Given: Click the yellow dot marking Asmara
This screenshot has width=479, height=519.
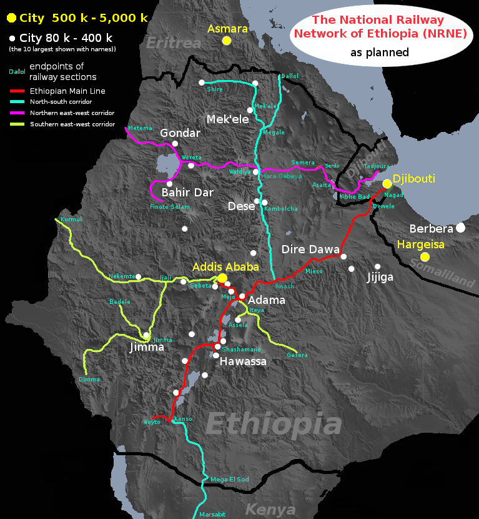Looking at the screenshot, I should click(227, 41).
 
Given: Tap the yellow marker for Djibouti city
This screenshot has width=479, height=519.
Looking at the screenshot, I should click(387, 183).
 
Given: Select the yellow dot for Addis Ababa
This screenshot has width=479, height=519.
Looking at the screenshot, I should click(222, 278).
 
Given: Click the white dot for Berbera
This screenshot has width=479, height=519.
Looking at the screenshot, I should click(460, 228).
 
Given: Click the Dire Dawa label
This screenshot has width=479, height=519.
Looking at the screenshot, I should click(310, 248).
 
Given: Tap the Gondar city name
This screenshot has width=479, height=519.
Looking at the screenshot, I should click(180, 133).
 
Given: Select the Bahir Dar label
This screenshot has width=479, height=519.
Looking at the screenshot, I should click(187, 192).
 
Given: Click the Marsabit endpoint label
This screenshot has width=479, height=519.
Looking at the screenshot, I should click(212, 514).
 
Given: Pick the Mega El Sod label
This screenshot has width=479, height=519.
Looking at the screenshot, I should click(230, 479).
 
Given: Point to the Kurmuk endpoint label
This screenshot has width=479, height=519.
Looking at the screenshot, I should click(71, 219).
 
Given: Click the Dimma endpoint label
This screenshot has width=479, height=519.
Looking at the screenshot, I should click(89, 379).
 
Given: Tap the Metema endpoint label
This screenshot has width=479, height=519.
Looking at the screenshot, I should click(140, 128).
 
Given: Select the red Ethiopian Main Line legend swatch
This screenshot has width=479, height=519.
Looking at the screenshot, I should click(17, 91).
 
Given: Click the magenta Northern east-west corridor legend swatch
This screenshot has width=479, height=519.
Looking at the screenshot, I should click(17, 113).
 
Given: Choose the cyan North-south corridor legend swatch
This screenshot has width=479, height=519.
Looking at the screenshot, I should click(17, 102).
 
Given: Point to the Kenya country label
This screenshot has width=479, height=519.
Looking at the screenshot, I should click(270, 509).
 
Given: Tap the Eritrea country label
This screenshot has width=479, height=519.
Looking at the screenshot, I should click(174, 43).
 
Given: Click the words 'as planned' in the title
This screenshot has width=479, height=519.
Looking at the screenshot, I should click(379, 53).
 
